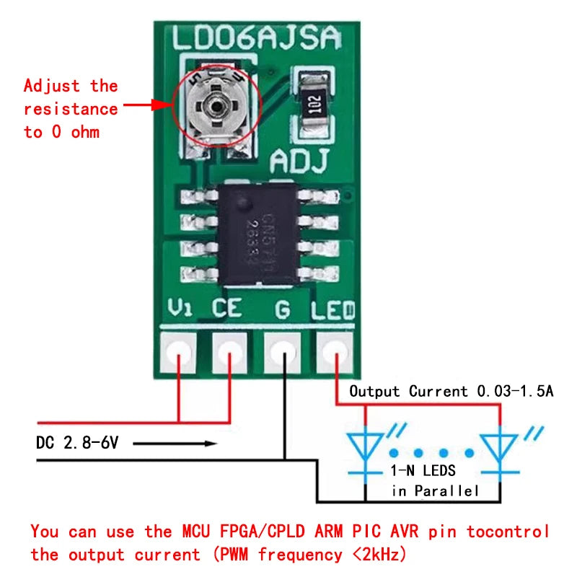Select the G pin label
click(283, 310)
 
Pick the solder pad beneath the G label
click(283, 353)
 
